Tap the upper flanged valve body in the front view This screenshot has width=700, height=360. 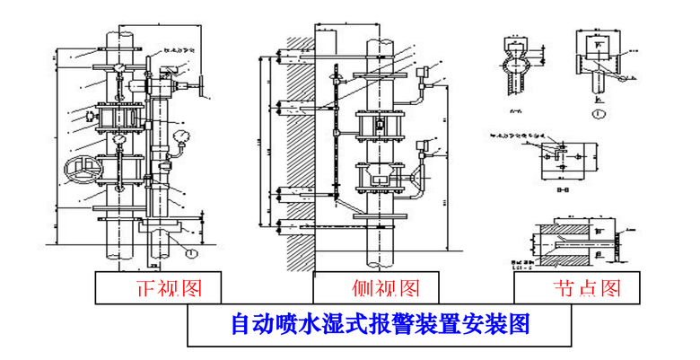[x=117, y=118]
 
